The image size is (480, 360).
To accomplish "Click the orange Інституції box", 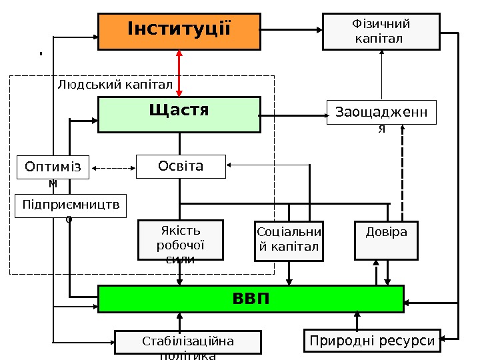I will point(179,31).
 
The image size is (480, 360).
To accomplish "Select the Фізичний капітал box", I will point(381,31).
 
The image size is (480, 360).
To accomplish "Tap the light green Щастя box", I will point(179,114).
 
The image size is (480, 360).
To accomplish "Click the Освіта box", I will point(181,166).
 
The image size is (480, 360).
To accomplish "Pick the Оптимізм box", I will point(53,167).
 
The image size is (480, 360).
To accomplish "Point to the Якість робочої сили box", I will point(180,240).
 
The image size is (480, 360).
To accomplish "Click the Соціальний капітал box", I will point(289,240).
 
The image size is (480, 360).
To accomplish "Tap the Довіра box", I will point(386,240).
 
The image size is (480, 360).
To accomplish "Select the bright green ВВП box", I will point(251,298).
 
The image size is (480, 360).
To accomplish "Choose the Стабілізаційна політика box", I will point(187,342).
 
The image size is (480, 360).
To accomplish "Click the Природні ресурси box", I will point(373,341).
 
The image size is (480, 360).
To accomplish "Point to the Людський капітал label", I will point(115,85).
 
